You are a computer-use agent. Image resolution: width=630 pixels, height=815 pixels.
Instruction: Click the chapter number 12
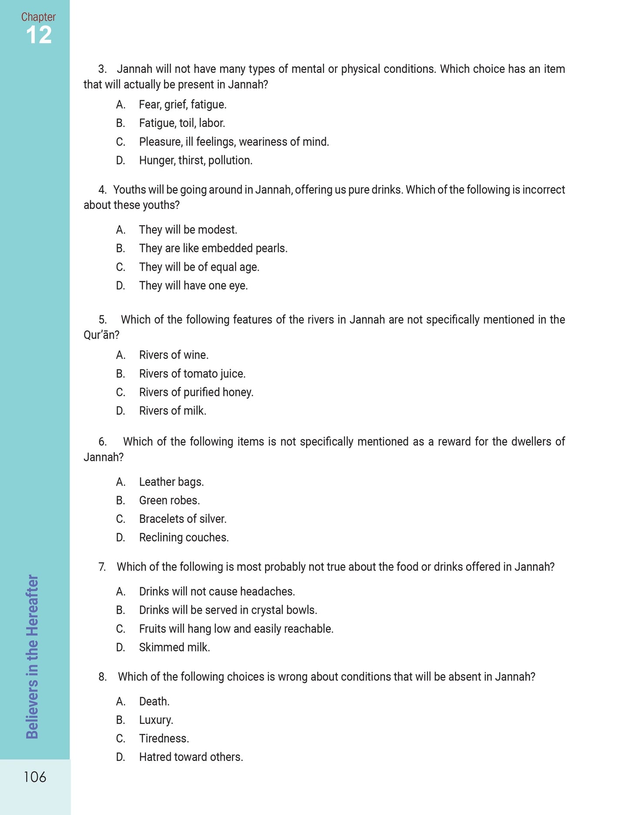(x=39, y=35)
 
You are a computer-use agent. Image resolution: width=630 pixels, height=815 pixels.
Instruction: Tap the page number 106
(x=35, y=777)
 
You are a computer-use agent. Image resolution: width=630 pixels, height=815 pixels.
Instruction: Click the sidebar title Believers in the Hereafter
(x=32, y=656)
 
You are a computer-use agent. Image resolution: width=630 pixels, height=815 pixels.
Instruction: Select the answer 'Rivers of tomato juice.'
(x=192, y=374)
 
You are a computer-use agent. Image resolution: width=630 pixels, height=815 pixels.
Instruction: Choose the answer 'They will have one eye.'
(x=193, y=286)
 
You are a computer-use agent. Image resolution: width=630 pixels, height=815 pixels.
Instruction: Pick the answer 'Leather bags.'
(x=171, y=482)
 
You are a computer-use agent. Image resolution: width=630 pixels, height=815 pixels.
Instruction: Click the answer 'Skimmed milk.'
(x=174, y=648)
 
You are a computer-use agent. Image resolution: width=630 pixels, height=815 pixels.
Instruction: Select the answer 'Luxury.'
(x=156, y=720)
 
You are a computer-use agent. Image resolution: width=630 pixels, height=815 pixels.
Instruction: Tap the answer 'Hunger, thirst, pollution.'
(x=195, y=160)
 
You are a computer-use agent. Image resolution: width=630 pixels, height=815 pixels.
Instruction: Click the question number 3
(x=102, y=69)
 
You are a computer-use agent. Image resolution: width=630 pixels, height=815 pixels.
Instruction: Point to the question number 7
(x=102, y=567)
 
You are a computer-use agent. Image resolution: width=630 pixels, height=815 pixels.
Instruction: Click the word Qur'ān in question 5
(x=101, y=335)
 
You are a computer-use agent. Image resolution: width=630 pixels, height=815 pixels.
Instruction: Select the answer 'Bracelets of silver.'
(x=183, y=519)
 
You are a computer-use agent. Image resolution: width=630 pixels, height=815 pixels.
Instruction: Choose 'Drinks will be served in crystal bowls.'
(x=228, y=610)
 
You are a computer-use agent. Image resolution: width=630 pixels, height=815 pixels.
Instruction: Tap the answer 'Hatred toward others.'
(x=191, y=757)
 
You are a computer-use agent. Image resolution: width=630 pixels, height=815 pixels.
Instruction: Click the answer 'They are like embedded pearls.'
(x=213, y=249)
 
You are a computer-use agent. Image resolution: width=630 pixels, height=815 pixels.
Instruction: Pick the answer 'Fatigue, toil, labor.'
(x=182, y=123)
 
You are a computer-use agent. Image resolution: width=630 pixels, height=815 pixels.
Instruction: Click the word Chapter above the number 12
(x=38, y=17)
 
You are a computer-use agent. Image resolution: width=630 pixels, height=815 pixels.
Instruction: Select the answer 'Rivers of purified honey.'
(x=196, y=392)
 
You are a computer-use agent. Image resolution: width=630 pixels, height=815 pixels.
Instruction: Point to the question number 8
(x=102, y=677)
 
